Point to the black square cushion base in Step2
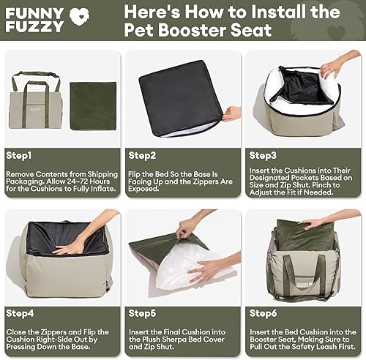[179, 94]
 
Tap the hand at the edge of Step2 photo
[232, 113]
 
